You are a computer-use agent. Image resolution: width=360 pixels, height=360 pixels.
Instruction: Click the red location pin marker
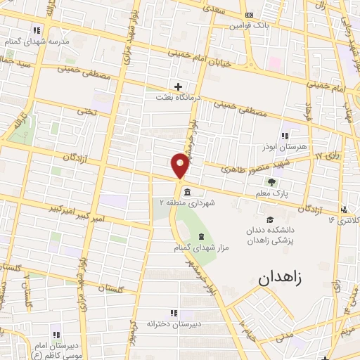tap(180, 165)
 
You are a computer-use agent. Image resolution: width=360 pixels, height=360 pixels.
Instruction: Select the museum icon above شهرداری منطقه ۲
tap(187, 192)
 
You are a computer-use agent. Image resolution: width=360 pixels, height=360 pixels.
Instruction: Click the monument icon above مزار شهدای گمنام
tap(201, 236)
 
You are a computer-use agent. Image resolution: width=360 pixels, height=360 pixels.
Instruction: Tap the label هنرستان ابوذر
tap(285, 147)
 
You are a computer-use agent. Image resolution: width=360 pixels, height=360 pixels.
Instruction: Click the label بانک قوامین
tap(250, 25)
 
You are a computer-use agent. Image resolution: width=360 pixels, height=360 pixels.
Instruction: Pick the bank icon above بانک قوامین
tap(248, 15)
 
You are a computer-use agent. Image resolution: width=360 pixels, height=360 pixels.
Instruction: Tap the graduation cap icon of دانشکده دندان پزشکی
tap(269, 220)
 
